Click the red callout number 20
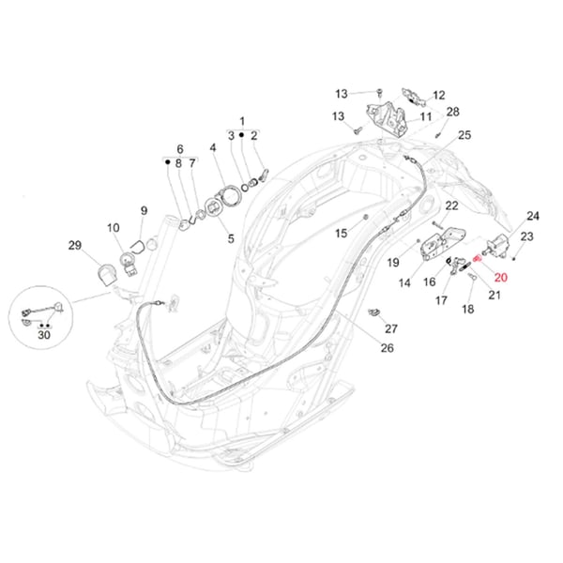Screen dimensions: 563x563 [499, 277]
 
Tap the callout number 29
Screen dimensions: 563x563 [75, 245]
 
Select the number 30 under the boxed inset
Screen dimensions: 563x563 [44, 335]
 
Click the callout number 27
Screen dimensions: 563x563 [391, 328]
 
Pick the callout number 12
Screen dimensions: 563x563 [438, 95]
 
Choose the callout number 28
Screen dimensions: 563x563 [453, 113]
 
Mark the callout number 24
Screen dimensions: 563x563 [532, 215]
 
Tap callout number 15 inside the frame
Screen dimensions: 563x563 [342, 233]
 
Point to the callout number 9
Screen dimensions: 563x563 [144, 210]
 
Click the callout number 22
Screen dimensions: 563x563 [451, 205]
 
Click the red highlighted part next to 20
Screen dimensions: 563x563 [478, 260]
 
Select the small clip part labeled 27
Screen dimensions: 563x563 [374, 312]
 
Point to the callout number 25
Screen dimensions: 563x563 [464, 136]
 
